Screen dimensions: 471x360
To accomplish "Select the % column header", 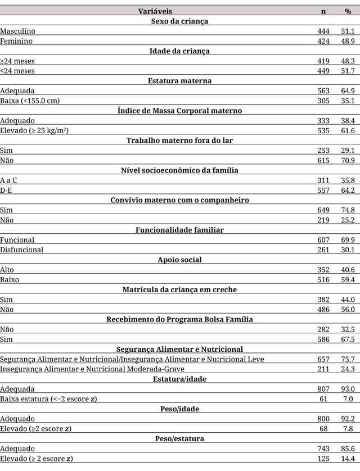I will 348,11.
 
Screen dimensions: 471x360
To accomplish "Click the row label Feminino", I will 16,41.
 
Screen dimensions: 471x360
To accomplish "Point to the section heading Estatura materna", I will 179,80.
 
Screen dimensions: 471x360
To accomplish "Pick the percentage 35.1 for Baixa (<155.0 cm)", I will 348,101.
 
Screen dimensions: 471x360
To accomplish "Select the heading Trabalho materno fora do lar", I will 179,140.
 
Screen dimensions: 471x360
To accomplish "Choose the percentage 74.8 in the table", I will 348,210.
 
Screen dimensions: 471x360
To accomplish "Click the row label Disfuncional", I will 22,250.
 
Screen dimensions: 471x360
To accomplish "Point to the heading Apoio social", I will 179,260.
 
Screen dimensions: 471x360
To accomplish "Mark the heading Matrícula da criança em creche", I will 179,289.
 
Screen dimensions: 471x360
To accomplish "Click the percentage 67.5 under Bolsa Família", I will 348,339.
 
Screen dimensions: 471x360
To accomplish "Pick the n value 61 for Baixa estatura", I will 325,398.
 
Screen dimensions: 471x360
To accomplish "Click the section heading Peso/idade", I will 179,409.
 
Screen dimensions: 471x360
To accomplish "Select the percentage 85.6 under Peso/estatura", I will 348,449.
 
